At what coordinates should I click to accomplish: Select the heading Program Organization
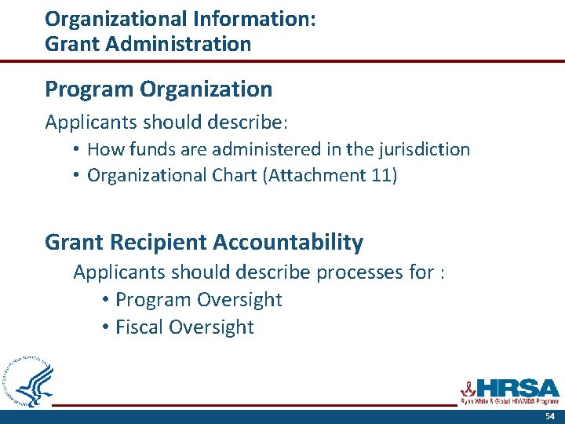pos(159,90)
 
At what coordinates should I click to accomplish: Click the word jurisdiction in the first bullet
pos(421,149)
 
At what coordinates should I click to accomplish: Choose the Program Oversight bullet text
pos(199,300)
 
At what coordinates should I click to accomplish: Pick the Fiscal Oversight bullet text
pos(184,327)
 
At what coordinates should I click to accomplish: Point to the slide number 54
pos(550,416)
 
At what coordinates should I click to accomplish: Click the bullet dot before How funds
pos(76,149)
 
